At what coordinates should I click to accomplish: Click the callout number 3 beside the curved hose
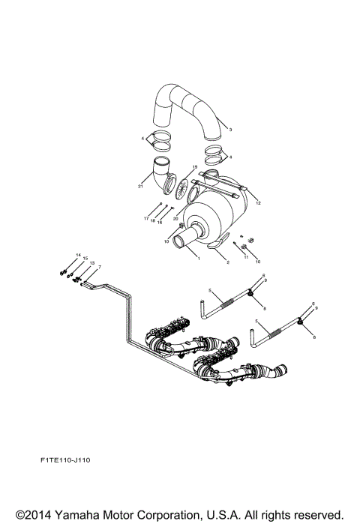click(230, 130)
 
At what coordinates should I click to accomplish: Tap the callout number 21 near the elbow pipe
click(140, 186)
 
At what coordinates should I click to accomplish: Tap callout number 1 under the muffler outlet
click(198, 258)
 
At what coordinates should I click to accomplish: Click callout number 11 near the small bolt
click(244, 256)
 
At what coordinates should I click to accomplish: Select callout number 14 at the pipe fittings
click(77, 256)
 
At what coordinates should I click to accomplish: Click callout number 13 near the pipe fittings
click(91, 264)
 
